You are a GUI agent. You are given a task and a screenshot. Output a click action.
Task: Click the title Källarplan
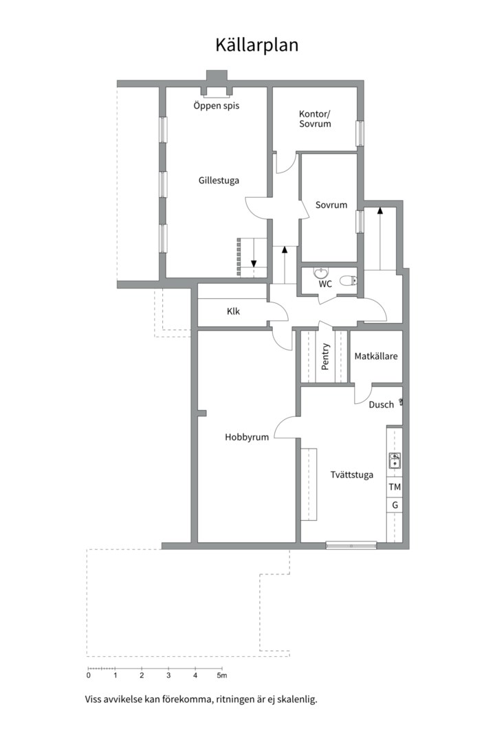[256, 45]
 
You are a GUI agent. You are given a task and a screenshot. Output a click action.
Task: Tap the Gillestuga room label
[219, 180]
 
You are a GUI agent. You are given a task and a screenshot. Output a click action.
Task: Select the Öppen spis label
[217, 106]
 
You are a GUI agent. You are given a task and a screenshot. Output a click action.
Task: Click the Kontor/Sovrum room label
[315, 119]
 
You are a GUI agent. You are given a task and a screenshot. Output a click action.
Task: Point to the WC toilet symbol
[349, 280]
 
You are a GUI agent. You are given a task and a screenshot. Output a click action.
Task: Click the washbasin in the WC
[321, 273]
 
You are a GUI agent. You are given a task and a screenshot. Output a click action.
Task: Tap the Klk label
[233, 311]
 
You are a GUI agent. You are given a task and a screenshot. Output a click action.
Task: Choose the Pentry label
[325, 357]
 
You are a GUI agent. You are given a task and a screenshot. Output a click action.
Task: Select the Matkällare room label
[376, 357]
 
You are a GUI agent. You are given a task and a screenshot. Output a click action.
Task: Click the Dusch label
[382, 405]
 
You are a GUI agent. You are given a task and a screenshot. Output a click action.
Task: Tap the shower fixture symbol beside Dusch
[401, 402]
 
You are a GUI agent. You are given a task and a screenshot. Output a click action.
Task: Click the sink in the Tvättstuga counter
[395, 460]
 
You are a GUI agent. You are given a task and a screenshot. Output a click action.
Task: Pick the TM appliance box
[395, 487]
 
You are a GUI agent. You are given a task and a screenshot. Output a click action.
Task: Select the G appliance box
[395, 506]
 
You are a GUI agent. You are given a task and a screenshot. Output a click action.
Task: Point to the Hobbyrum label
[247, 437]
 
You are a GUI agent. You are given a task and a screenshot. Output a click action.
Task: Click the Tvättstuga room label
[352, 475]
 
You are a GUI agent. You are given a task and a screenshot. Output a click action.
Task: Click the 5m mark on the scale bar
[221, 675]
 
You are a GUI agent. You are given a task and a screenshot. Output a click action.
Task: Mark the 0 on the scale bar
[89, 675]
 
